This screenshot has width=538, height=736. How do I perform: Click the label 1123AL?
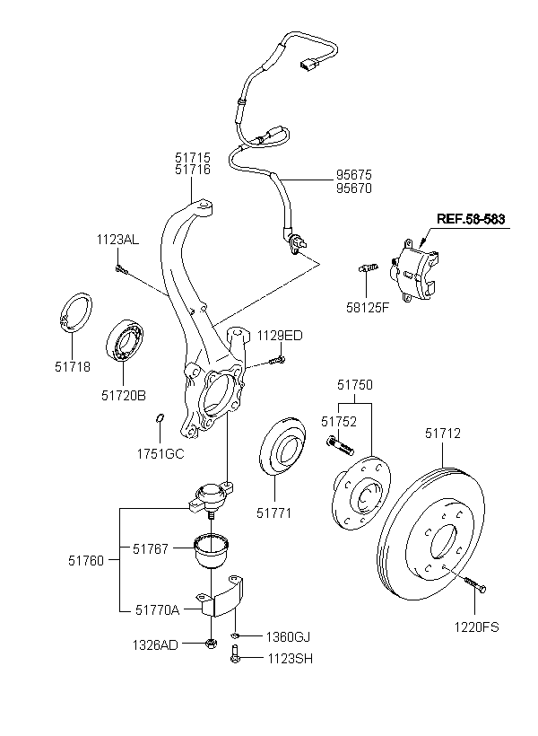(118, 240)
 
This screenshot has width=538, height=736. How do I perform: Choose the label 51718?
(73, 366)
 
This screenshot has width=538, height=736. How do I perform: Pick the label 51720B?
(123, 394)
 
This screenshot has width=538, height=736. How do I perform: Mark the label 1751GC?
(160, 453)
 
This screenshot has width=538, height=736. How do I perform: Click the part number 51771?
(274, 513)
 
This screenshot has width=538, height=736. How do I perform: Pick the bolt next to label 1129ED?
(275, 362)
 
